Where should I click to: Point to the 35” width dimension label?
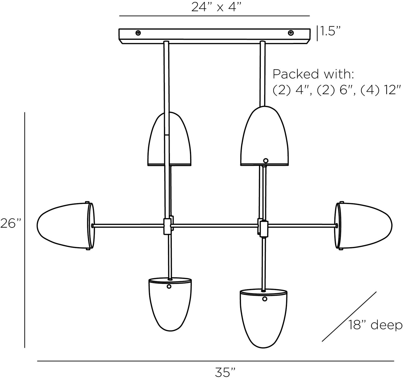225,372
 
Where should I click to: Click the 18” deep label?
375,325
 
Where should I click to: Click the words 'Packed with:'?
313,74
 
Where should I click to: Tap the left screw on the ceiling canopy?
138,33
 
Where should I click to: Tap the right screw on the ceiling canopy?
291,33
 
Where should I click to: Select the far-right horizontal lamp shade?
365,225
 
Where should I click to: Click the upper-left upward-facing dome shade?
169,141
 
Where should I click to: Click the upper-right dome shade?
264,138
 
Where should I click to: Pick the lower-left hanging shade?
170,304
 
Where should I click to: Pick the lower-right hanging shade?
264,318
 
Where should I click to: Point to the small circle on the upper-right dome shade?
266,161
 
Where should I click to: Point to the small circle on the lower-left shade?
169,286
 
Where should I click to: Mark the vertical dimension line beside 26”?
25,230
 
